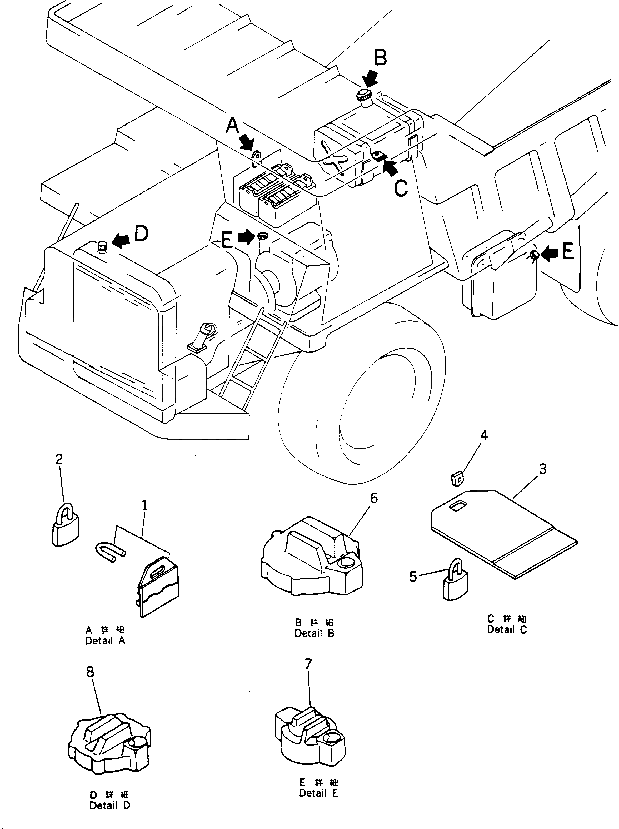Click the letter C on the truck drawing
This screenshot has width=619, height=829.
coord(401,188)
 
